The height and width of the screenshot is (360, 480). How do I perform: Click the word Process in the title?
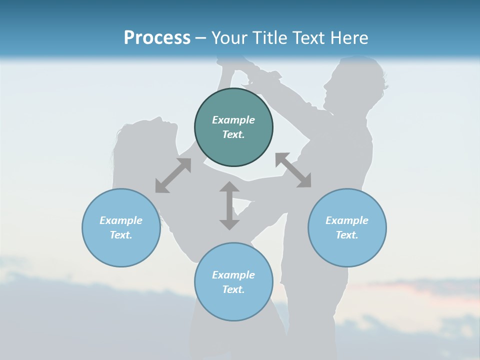[157, 38]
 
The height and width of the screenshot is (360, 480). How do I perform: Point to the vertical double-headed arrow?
[229, 205]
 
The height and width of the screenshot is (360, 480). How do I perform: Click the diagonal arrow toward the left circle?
[173, 175]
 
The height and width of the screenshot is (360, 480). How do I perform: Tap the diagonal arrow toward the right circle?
[293, 170]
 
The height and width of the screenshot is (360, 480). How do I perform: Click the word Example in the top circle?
[233, 120]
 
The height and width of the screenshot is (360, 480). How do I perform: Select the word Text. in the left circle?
[121, 235]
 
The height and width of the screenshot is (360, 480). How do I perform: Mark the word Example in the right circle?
[347, 220]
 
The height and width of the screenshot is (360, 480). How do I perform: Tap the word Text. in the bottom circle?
[233, 289]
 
